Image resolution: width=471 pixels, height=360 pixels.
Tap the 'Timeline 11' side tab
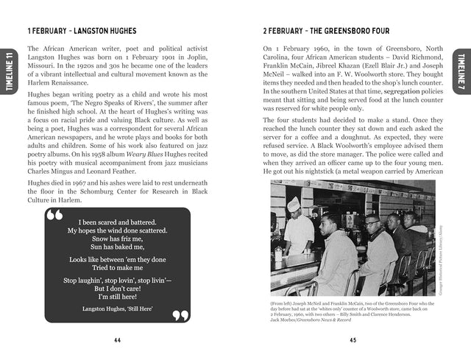coord(8,71)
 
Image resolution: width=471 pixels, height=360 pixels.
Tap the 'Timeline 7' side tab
coord(461,72)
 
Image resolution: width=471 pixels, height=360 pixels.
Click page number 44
coord(118,340)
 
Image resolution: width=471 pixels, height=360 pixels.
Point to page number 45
coord(353,340)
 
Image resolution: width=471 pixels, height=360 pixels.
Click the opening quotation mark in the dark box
coord(54,216)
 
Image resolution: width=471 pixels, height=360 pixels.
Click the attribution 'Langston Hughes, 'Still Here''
coord(118,309)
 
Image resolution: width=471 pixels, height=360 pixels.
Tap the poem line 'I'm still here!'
coord(118,295)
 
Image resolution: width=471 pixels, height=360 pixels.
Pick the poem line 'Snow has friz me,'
coord(118,239)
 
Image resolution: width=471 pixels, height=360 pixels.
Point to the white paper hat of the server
coord(293,202)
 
